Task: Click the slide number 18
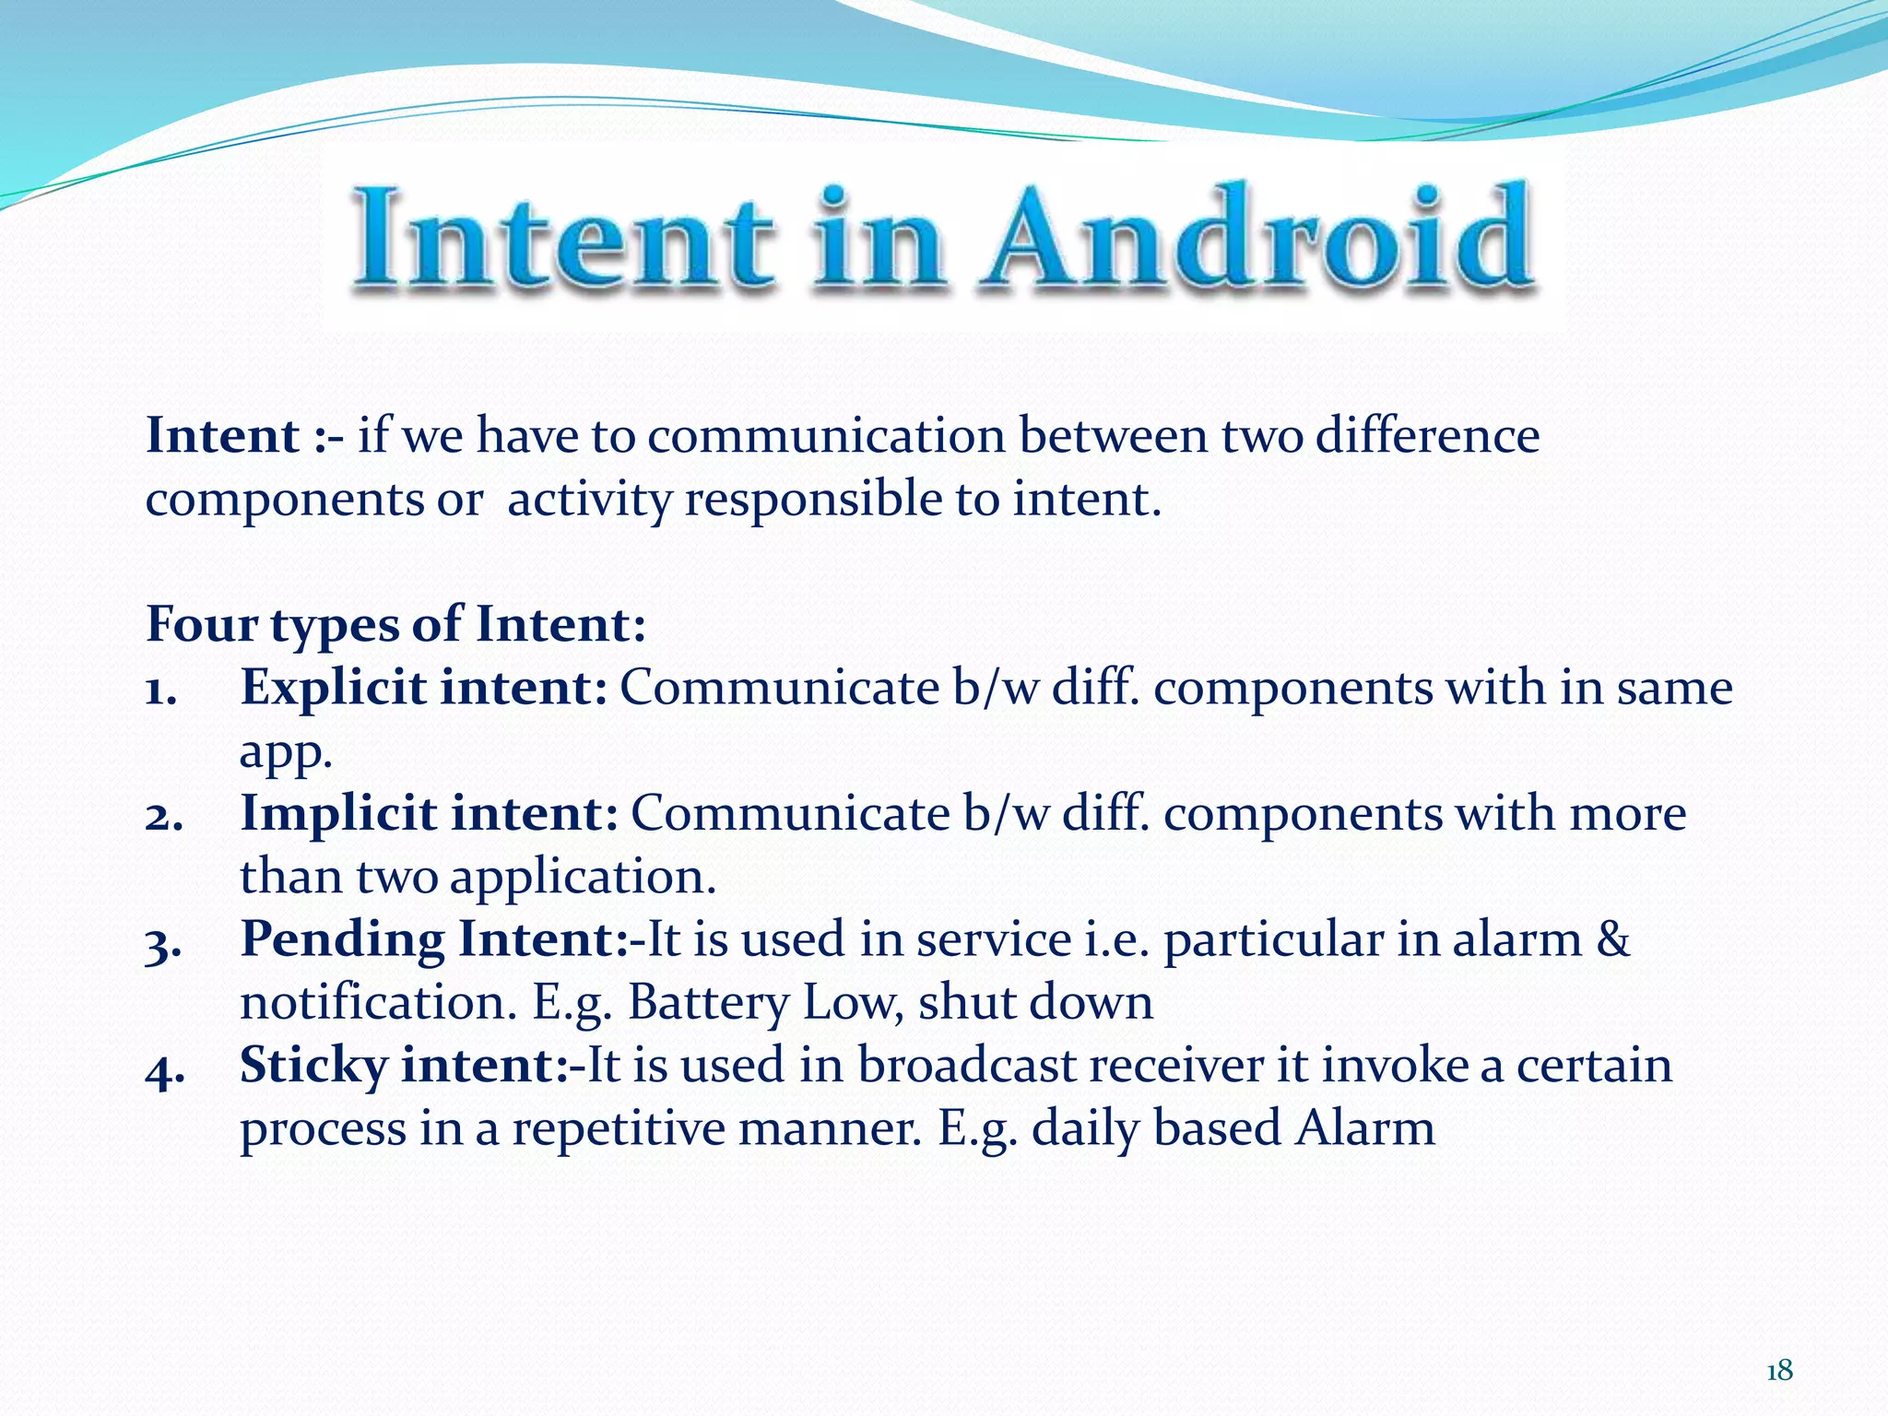(1779, 1371)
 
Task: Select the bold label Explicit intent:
(423, 688)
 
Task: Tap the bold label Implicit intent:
(429, 813)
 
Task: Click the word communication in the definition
(825, 435)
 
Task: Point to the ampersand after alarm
(1612, 939)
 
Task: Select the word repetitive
(619, 1127)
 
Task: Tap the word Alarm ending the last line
(1364, 1127)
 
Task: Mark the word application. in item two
(582, 876)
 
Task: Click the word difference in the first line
(1427, 435)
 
